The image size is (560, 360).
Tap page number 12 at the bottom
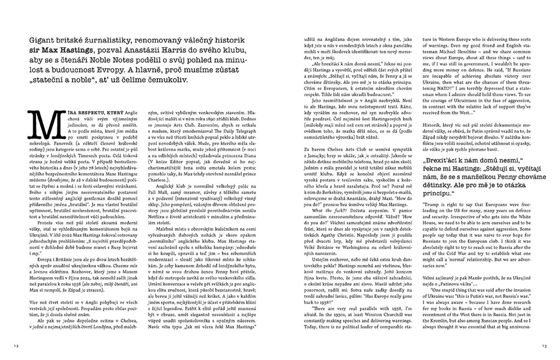pyautogui.click(x=16, y=346)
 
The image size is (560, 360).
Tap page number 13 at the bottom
pyautogui.click(x=544, y=346)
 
